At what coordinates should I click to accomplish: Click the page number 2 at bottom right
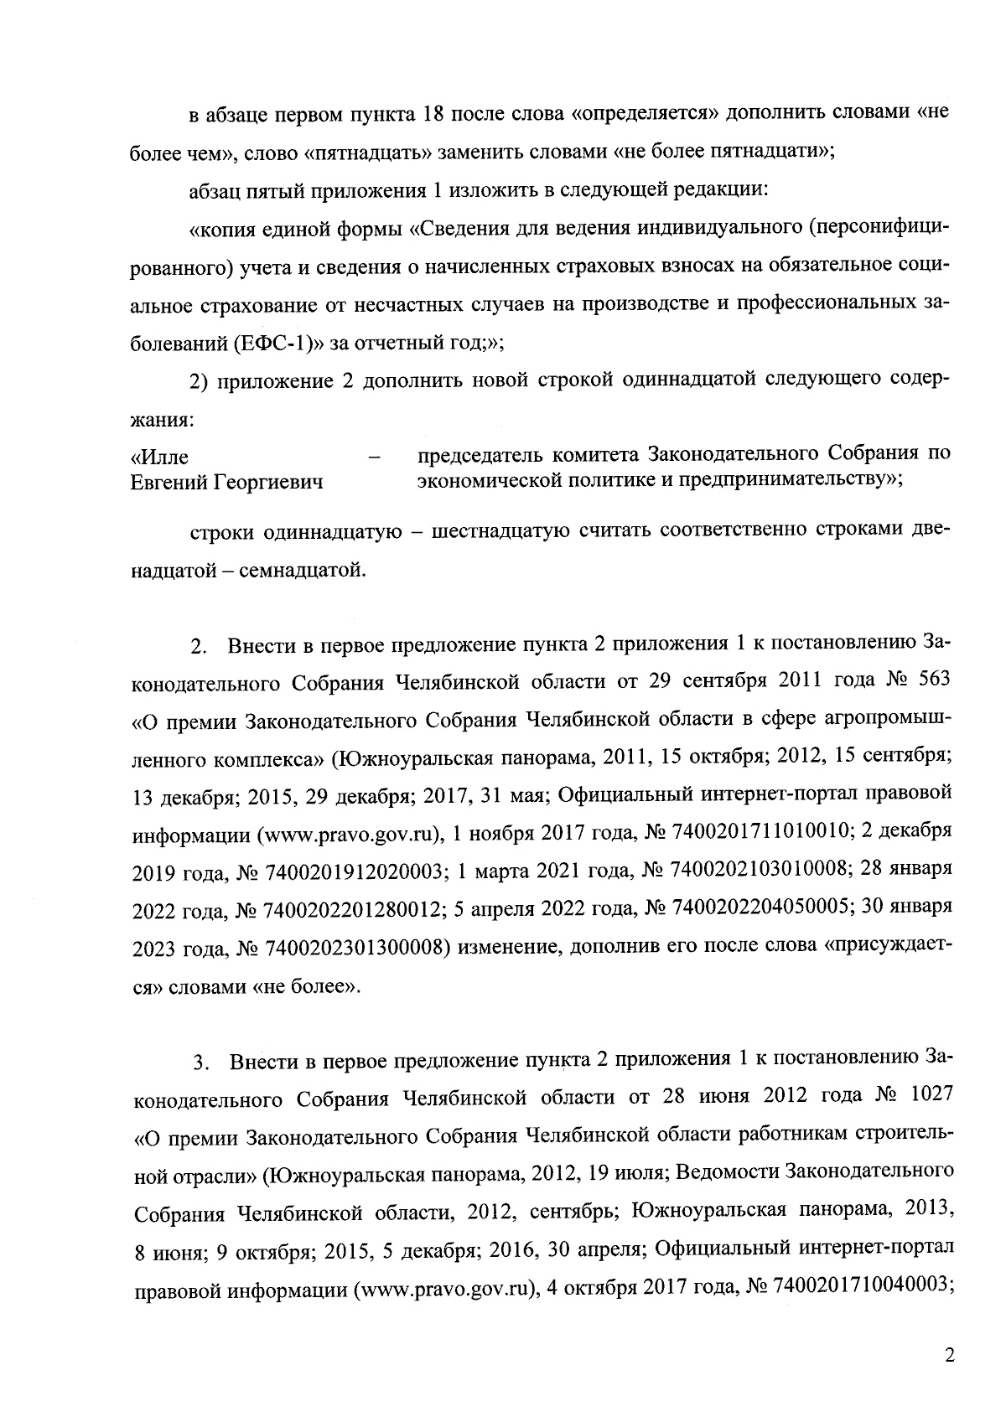pos(949,1356)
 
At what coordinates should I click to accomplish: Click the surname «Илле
pos(160,458)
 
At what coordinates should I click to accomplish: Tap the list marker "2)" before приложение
pos(199,380)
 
